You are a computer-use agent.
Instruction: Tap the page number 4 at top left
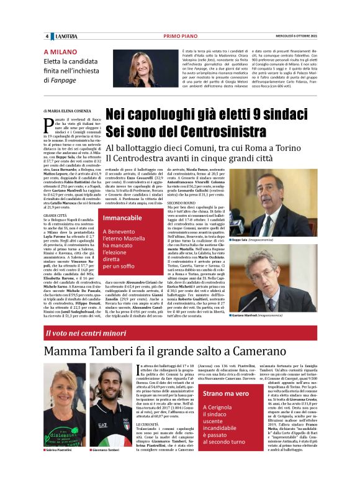[x=47, y=35]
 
